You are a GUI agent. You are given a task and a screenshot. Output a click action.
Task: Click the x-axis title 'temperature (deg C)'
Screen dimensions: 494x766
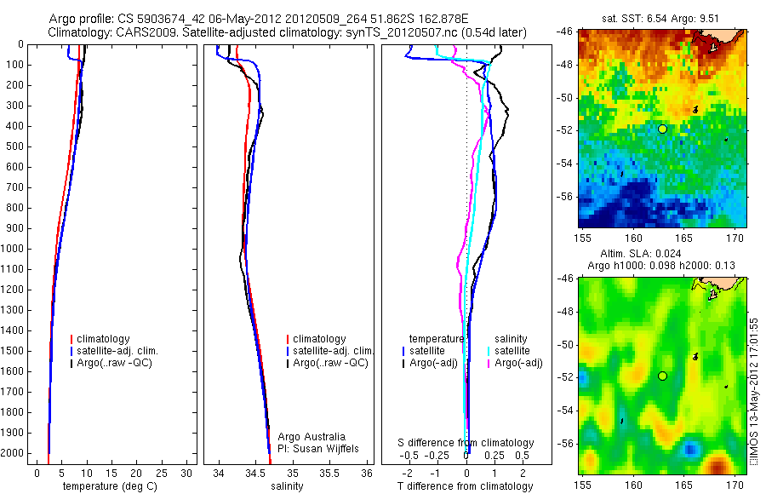point(108,486)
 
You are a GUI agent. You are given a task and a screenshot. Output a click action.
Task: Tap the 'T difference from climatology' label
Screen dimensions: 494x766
point(465,486)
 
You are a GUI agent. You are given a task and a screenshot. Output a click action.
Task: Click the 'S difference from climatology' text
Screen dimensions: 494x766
point(466,443)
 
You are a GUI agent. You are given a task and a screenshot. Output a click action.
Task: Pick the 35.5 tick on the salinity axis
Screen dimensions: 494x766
point(330,473)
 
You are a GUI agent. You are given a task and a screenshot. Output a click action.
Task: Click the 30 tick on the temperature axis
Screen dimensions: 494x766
point(188,473)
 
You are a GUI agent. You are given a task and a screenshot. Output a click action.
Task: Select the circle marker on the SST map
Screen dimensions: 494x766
point(662,129)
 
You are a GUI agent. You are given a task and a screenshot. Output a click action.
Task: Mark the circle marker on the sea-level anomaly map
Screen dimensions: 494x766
point(662,376)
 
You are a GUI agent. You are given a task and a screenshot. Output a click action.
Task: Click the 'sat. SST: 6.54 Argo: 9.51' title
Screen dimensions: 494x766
point(661,17)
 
